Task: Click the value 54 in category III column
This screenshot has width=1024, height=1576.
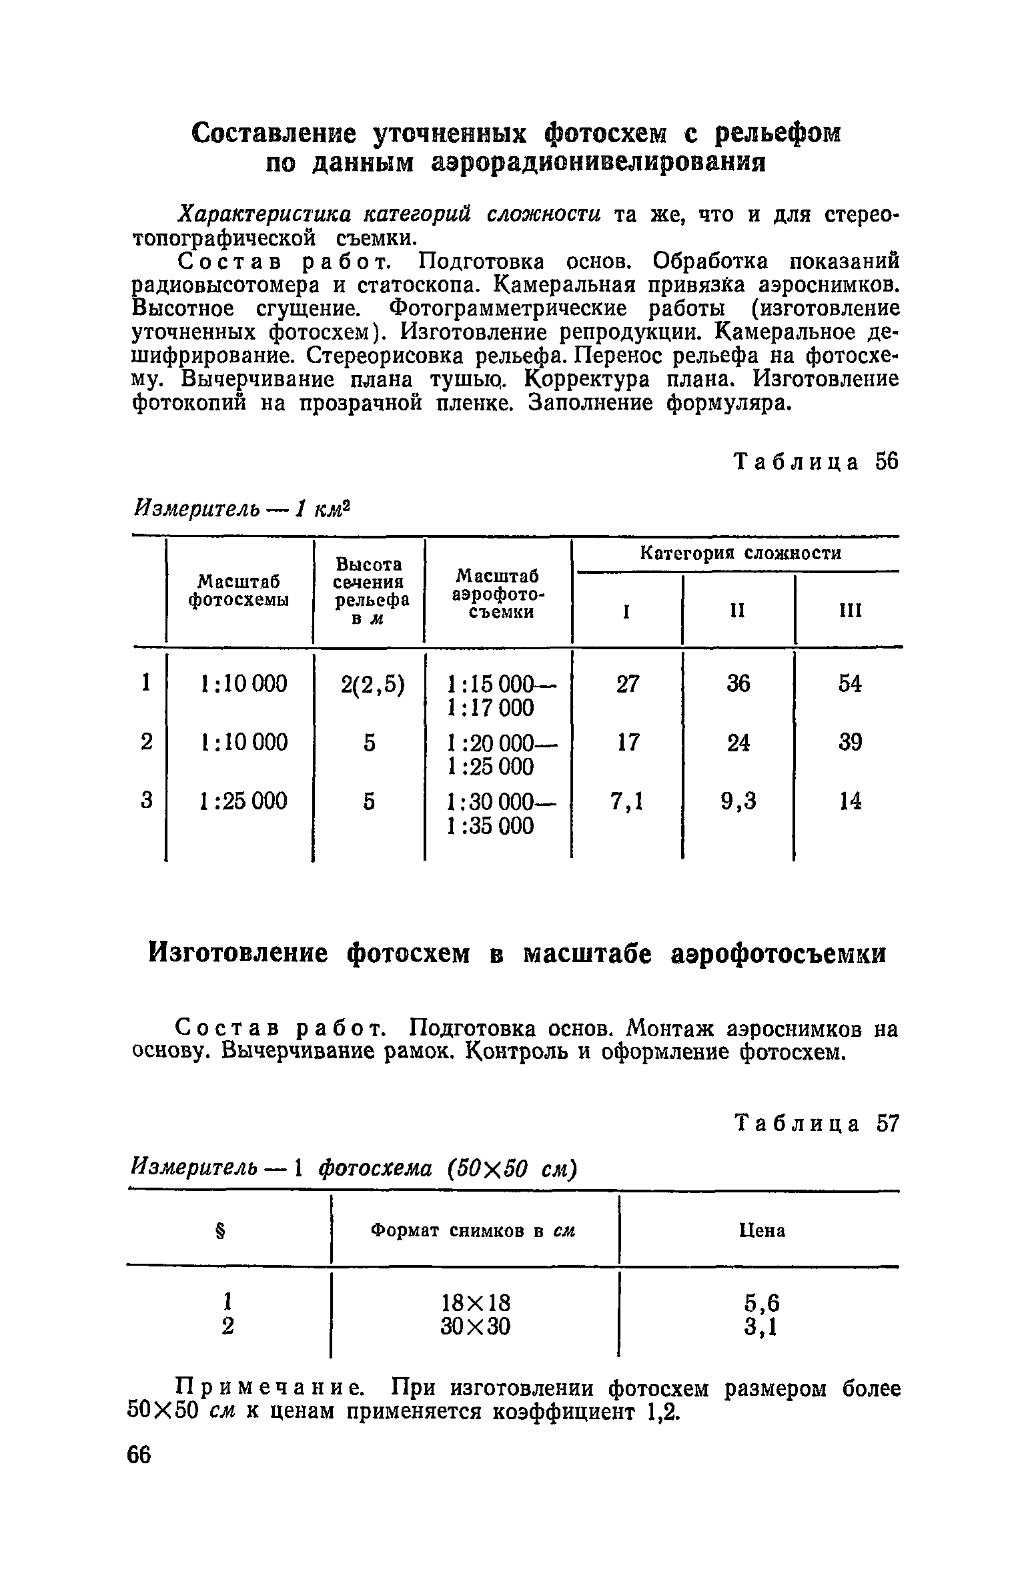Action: tap(850, 684)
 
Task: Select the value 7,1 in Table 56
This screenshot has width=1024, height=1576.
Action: tap(626, 801)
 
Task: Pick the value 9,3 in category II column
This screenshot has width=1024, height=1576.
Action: tap(738, 801)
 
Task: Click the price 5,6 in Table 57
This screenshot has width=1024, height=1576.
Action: tap(761, 1302)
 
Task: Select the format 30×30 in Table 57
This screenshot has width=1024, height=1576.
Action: tap(476, 1326)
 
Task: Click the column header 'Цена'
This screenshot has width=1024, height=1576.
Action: tap(762, 1230)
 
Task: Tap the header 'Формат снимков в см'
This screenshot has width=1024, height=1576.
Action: tap(473, 1230)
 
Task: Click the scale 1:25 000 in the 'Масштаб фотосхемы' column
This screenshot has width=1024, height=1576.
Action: tap(243, 801)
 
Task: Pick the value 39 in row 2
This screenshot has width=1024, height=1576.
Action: tap(850, 742)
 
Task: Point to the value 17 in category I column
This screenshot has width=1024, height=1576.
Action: tap(627, 742)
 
